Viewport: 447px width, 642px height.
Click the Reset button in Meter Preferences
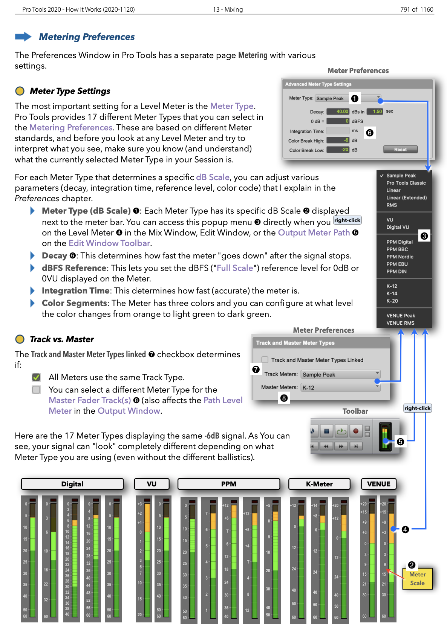[400, 150]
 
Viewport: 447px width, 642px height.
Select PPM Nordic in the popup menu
[400, 257]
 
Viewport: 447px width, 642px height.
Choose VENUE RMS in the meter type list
[400, 323]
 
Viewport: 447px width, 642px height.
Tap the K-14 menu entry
[392, 293]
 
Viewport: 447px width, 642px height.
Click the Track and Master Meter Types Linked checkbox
[265, 360]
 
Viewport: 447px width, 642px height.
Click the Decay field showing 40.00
[338, 112]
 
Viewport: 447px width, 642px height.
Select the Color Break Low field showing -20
[338, 150]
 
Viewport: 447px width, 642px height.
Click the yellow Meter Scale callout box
[417, 579]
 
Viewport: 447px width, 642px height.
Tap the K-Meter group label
[319, 484]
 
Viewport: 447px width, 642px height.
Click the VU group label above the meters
[152, 484]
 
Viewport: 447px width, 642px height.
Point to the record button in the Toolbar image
[355, 431]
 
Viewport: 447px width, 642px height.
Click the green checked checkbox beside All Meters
[36, 377]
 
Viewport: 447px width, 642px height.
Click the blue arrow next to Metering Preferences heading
[23, 37]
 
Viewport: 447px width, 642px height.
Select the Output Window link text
[129, 411]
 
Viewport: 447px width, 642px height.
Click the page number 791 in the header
[405, 9]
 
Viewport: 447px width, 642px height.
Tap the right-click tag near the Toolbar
[417, 408]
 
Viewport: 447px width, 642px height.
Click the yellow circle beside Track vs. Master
[20, 339]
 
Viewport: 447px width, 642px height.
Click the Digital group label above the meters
[72, 484]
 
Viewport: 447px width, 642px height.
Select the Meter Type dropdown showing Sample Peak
[347, 98]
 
